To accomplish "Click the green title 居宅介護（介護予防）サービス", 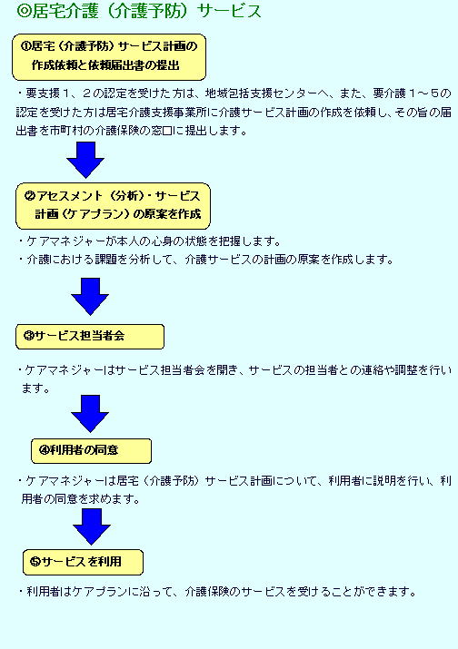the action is coord(139,11).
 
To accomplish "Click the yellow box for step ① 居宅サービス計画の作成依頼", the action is coord(109,57).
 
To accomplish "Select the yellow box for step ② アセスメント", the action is coord(113,206).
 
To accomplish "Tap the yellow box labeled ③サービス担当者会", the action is coord(90,337).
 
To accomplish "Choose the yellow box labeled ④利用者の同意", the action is coord(91,451).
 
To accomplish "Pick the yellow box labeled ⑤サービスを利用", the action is coord(83,562).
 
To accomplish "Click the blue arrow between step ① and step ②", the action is coord(85,160).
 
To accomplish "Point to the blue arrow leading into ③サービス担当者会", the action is coord(90,296).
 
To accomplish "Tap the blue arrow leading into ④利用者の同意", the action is coord(90,414).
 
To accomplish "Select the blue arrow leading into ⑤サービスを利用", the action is coord(92,526).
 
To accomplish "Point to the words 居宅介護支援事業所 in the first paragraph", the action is coord(156,113).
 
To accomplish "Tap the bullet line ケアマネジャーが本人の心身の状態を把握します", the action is coord(150,241).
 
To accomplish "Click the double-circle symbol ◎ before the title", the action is coord(24,12).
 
